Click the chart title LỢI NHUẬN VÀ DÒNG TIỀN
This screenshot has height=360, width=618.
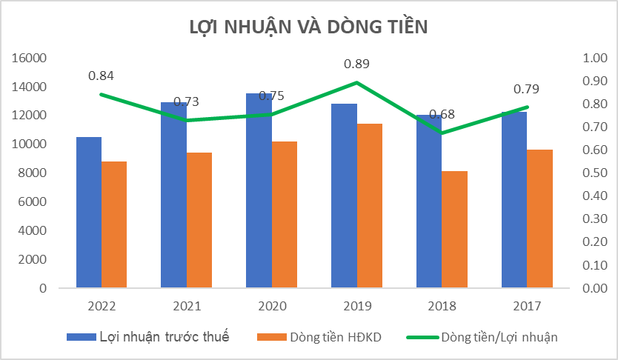pyautogui.click(x=309, y=27)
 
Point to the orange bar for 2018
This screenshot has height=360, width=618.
pyautogui.click(x=455, y=230)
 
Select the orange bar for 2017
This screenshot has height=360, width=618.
pyautogui.click(x=540, y=219)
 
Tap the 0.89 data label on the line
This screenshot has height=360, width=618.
pyautogui.click(x=356, y=64)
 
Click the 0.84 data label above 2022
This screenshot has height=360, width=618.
pyautogui.click(x=101, y=76)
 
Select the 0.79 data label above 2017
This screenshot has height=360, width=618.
pyautogui.click(x=527, y=90)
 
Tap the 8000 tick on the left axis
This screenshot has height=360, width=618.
pyautogui.click(x=33, y=173)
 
